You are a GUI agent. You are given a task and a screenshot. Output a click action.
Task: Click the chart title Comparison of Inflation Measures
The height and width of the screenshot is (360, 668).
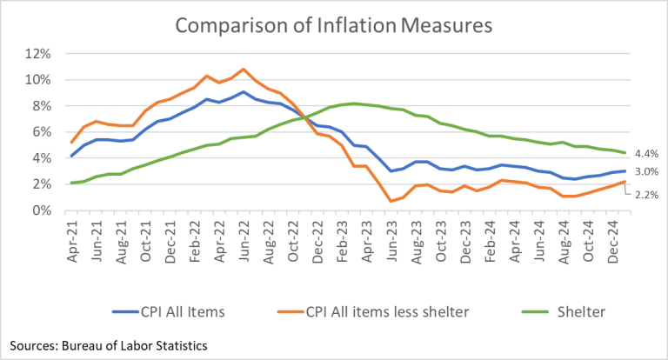pos(334,25)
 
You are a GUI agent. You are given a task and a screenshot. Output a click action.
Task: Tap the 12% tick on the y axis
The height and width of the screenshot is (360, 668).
pos(39,54)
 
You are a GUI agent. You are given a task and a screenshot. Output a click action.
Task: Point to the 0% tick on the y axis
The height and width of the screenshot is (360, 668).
pos(43,210)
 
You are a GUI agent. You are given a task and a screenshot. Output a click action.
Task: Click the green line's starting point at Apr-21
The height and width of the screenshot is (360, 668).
pos(72,183)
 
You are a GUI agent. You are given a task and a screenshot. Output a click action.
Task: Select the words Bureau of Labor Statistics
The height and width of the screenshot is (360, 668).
pos(137,346)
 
